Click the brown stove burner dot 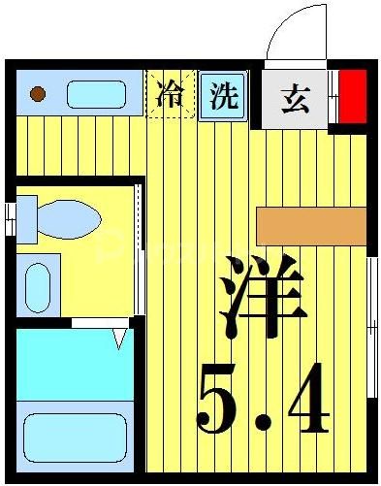click(x=39, y=94)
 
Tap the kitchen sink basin click(x=96, y=95)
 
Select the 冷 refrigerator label click(x=170, y=94)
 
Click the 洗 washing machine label click(x=224, y=95)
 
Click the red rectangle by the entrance click(x=352, y=96)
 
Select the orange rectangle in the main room click(x=311, y=225)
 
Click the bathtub click(x=75, y=437)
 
